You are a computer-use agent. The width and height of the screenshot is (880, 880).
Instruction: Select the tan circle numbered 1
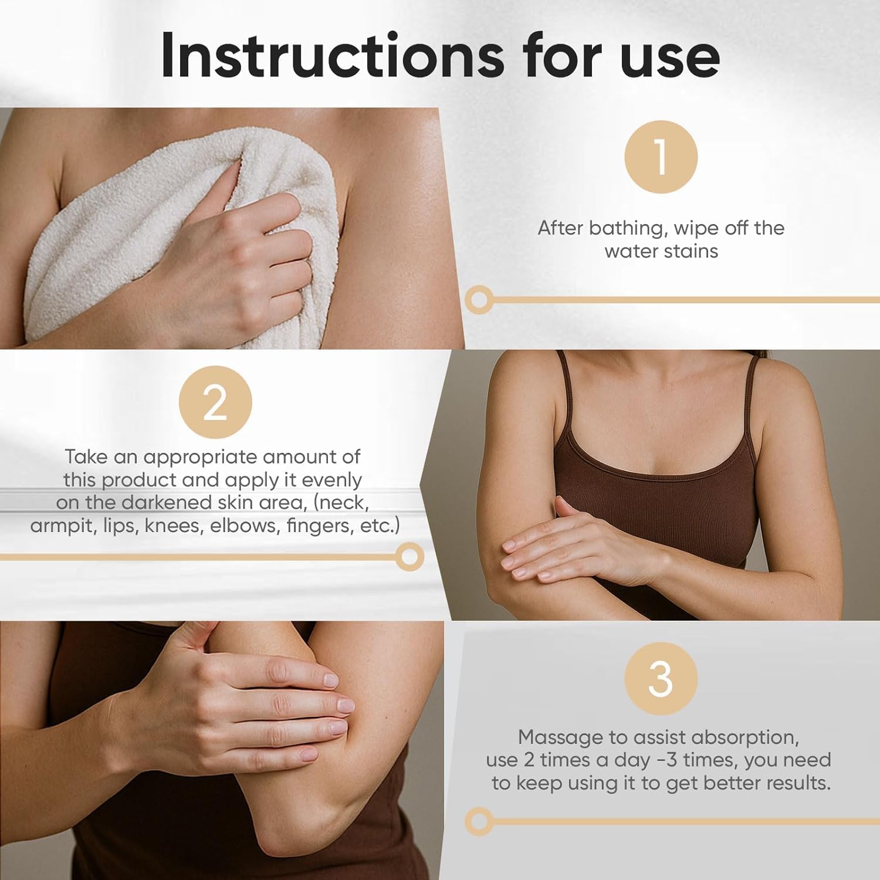click(661, 157)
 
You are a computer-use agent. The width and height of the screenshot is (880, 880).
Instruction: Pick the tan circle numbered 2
click(215, 402)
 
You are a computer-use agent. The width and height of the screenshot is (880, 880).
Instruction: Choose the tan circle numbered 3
click(661, 679)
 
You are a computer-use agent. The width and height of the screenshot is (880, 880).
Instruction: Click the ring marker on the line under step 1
click(479, 300)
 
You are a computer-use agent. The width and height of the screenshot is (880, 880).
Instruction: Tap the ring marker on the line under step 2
click(409, 556)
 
